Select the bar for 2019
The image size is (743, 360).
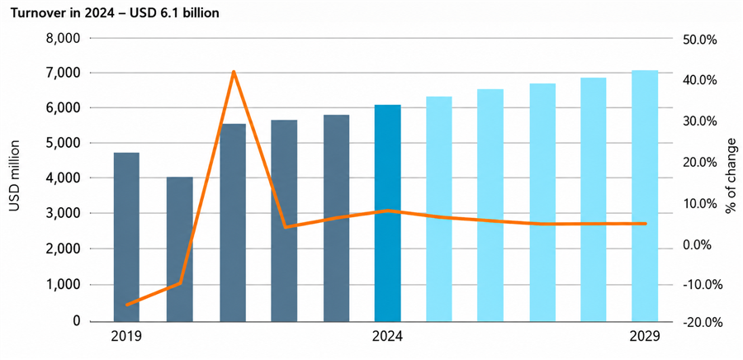pyautogui.click(x=126, y=237)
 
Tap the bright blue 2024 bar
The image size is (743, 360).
pyautogui.click(x=388, y=213)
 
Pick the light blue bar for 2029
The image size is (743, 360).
pyautogui.click(x=645, y=197)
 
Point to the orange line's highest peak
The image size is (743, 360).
pyautogui.click(x=233, y=72)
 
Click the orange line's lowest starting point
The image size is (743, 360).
pyautogui.click(x=127, y=305)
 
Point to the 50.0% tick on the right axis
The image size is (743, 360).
pyautogui.click(x=698, y=40)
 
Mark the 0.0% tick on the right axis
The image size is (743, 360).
pyautogui.click(x=699, y=245)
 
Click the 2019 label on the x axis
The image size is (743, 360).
pyautogui.click(x=126, y=337)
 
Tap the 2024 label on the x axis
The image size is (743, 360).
pyautogui.click(x=388, y=337)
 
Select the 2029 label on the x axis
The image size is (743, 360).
pyautogui.click(x=645, y=337)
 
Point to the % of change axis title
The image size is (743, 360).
pyautogui.click(x=731, y=176)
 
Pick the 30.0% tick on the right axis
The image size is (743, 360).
pyautogui.click(x=698, y=121)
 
